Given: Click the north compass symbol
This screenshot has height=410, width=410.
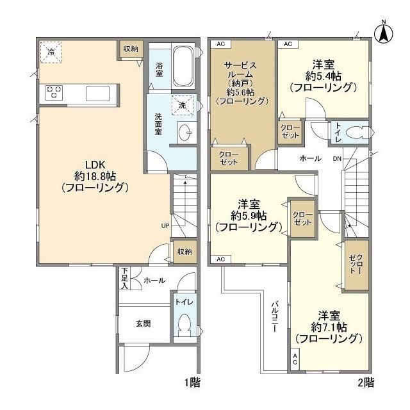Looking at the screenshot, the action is (384, 33).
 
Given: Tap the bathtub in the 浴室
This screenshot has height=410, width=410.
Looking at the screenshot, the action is (184, 67).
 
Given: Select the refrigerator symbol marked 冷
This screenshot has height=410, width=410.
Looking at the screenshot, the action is (51, 52).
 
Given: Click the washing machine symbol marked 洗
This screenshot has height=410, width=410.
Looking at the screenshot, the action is (183, 105).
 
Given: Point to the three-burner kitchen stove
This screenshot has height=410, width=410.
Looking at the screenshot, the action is (54, 92).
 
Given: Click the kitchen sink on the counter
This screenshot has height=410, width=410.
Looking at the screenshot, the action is (98, 93).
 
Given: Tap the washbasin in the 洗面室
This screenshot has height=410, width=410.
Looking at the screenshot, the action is (187, 133).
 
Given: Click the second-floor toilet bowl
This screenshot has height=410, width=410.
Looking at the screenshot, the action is (357, 133).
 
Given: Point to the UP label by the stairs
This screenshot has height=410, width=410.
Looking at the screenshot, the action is (165, 225).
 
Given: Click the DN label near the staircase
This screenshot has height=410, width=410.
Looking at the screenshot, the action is (337, 158).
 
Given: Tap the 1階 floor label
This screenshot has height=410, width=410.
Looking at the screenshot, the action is (192, 383).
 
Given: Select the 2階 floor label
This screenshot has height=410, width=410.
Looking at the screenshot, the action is (366, 383).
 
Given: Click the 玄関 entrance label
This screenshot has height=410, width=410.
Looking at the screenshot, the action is (143, 324).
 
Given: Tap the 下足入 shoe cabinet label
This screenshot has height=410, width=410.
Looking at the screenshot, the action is (124, 278).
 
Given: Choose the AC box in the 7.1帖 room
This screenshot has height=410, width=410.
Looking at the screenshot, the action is (295, 359).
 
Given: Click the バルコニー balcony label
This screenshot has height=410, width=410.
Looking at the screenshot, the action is (274, 316).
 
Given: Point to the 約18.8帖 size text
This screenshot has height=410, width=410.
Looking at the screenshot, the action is (95, 177).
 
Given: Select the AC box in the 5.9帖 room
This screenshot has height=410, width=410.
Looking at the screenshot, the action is (221, 259).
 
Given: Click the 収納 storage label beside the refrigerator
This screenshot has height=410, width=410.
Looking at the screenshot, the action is (131, 49).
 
